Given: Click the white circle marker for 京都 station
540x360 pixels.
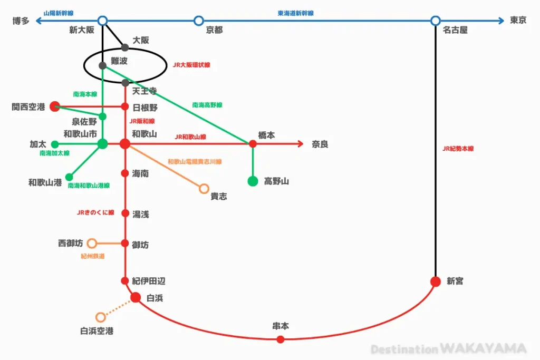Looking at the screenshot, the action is coord(198,21).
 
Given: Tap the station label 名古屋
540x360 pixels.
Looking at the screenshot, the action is coord(455,30).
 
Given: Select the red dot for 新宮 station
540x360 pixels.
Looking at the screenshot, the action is coord(436,281).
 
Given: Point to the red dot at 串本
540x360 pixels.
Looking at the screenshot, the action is coord(281,339).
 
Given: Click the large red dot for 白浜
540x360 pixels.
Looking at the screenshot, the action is coord(136,297).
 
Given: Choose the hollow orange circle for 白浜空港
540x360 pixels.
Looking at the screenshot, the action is coord(101,317).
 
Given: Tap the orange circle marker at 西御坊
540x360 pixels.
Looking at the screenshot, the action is coord(92,244).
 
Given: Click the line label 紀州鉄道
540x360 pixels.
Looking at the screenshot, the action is coord(93,256).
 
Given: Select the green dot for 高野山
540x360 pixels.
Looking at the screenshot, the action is coord(253,181).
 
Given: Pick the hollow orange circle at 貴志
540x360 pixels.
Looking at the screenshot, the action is coord(204,189).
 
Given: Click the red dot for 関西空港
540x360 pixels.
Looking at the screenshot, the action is coord(55,106).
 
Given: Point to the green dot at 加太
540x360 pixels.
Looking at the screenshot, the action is coord(55,144).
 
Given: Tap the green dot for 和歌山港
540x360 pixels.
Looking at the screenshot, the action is coord(69,177).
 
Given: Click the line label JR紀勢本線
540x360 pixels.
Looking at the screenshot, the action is coord(458,149).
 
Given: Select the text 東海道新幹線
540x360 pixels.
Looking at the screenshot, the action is coord(295,13).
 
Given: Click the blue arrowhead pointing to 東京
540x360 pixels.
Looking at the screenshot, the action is coord(501,21).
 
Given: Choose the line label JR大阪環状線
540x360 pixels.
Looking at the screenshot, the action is coord(191,65).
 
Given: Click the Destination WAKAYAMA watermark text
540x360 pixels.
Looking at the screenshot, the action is coord(448,348).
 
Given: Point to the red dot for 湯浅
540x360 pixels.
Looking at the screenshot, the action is coord(126,213).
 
